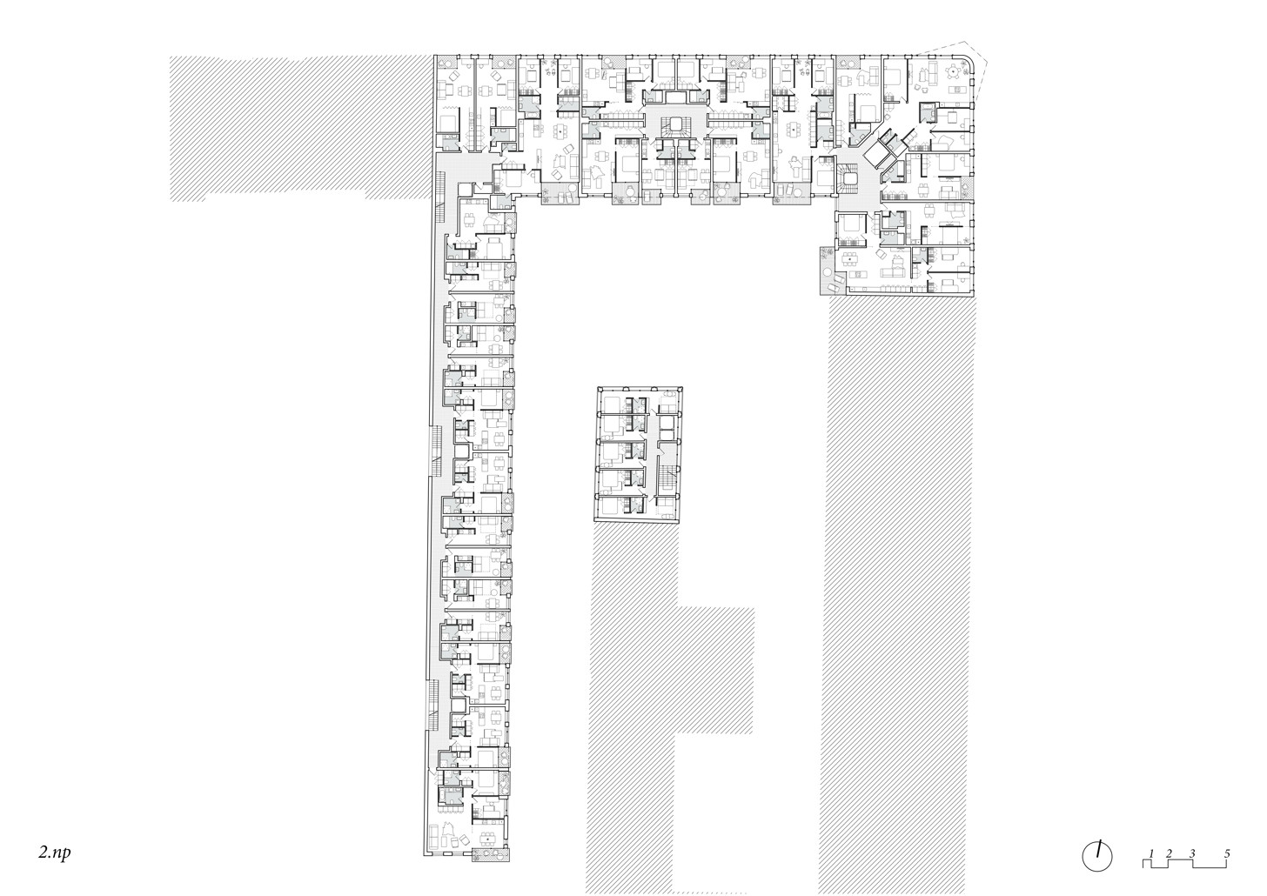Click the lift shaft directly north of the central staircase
point(676,97)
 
